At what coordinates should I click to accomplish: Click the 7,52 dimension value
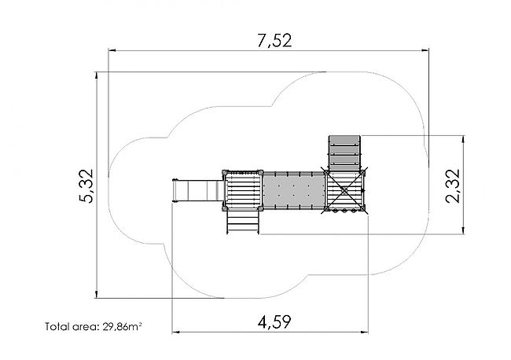(274, 41)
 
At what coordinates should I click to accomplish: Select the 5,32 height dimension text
(86, 186)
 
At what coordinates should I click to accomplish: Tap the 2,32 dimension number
(453, 186)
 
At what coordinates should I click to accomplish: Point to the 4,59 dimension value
(274, 322)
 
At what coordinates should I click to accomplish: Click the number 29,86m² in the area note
(122, 326)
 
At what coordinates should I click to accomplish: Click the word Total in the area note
(56, 326)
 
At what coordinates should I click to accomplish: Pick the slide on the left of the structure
(197, 190)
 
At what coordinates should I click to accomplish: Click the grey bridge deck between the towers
(294, 190)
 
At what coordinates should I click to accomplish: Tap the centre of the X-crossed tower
(344, 190)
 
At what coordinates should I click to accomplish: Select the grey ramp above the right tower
(345, 152)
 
